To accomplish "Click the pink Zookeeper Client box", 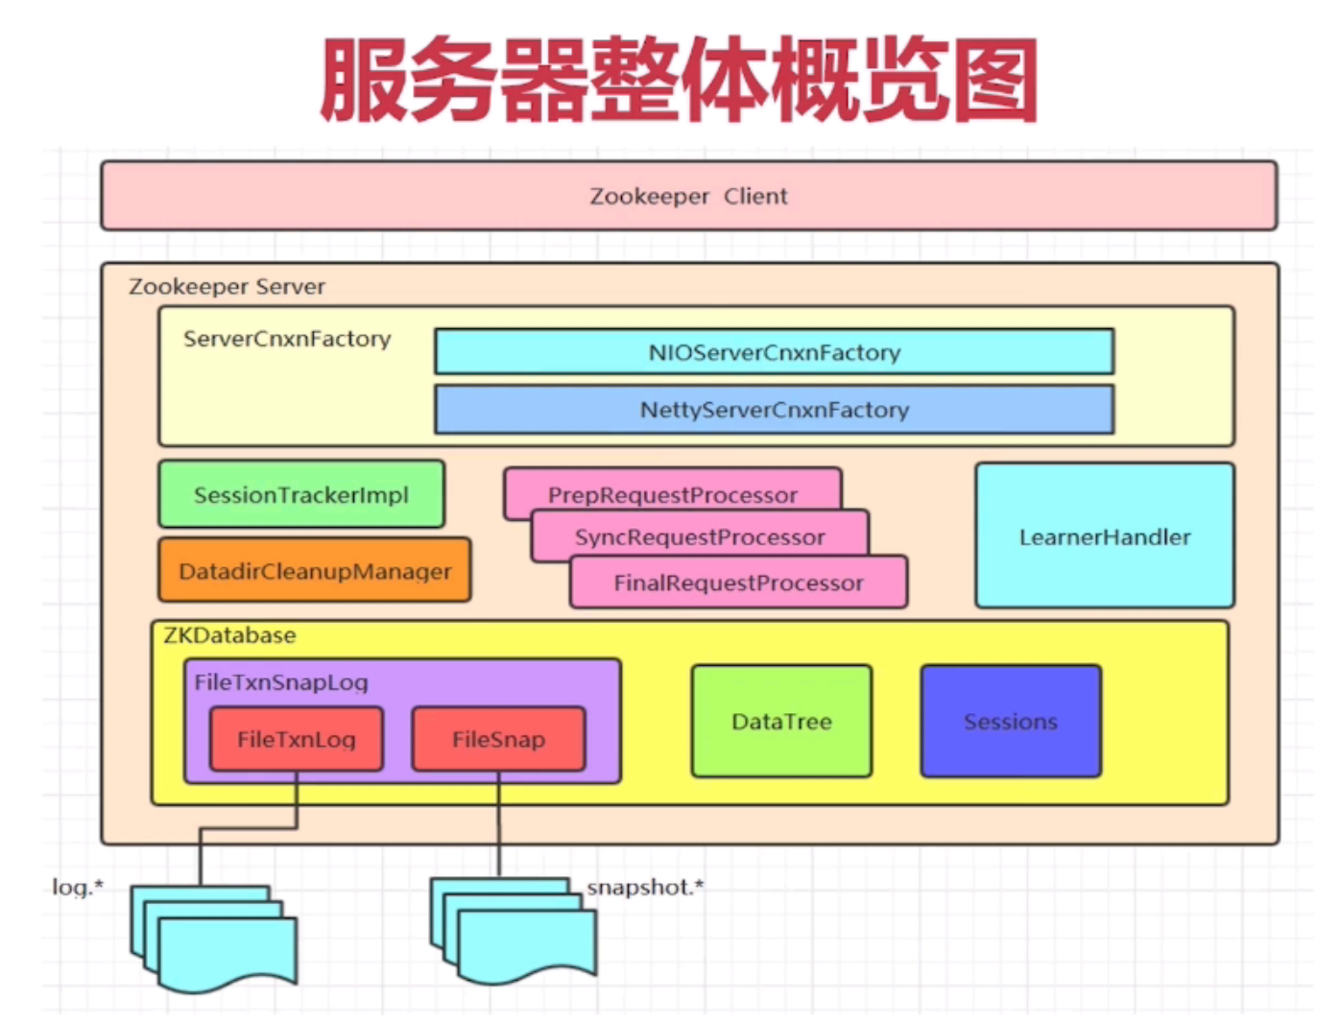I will [x=688, y=196].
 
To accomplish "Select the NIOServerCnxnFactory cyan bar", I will [x=774, y=352].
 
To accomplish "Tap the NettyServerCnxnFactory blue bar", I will [x=774, y=410].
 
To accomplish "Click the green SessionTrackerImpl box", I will [x=301, y=495].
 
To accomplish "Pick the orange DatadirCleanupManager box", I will [x=314, y=571].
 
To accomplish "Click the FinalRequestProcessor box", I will [x=738, y=583].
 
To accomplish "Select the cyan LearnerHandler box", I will [x=1104, y=536].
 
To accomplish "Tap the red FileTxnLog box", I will [x=296, y=739].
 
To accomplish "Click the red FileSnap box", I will [x=498, y=739].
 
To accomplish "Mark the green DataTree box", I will [x=781, y=722].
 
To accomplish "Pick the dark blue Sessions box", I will [x=1010, y=722].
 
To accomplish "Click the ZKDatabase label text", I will [x=229, y=635].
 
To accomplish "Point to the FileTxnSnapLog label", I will [x=281, y=682].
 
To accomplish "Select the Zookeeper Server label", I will [x=227, y=286].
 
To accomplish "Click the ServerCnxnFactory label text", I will [x=287, y=339].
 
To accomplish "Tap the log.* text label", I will [x=78, y=888].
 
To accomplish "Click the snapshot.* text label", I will [x=645, y=888].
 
